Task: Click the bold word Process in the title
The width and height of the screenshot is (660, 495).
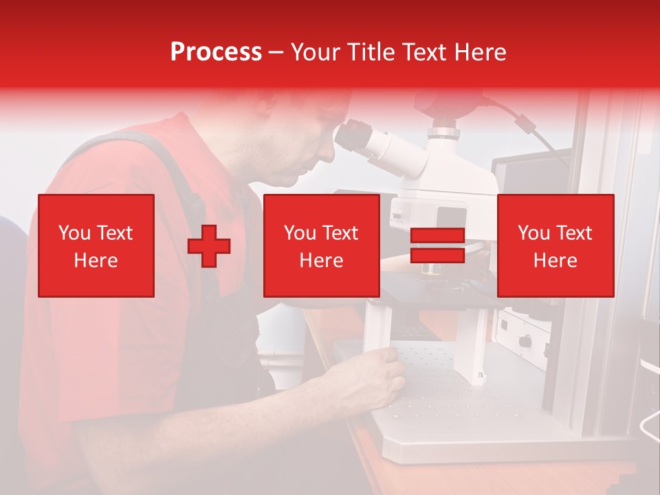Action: [216, 52]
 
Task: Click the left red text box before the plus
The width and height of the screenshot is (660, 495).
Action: [96, 245]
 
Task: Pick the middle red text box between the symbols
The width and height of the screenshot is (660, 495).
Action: [322, 245]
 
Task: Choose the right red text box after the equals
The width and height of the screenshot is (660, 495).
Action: [555, 245]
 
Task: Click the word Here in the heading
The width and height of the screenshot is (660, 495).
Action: [479, 52]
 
